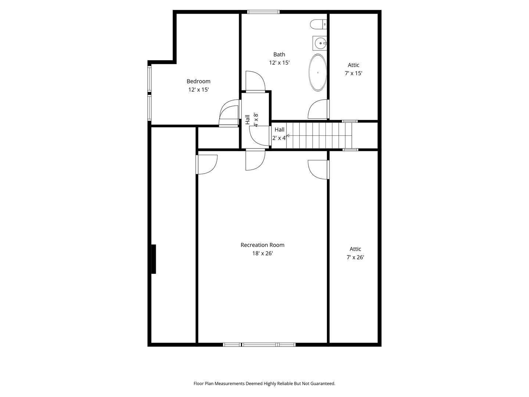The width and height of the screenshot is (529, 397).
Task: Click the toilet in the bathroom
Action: [x=318, y=25]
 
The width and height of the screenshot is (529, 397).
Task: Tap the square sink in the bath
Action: [x=320, y=43]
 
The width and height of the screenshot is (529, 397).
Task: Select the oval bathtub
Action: [x=317, y=72]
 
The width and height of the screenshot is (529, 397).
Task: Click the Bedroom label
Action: [x=198, y=81]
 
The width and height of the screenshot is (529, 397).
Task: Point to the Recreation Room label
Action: [x=262, y=245]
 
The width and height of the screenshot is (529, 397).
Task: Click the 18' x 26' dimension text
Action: [x=262, y=253]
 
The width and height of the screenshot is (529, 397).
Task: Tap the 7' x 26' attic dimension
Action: [x=355, y=257]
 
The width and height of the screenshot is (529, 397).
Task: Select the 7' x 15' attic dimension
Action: [x=353, y=73]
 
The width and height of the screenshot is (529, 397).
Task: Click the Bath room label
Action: [x=279, y=54]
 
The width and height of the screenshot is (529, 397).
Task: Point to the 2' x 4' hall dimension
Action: [x=279, y=138]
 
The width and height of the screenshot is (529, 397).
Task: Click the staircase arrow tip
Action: [x=287, y=136]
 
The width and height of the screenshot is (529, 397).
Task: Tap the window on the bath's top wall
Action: [x=263, y=12]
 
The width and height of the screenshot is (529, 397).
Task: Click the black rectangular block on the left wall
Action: [x=154, y=259]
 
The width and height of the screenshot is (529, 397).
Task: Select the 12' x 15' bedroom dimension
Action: [x=198, y=89]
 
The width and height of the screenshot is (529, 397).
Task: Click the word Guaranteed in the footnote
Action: [x=323, y=383]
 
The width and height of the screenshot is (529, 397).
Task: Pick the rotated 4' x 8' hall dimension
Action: [x=256, y=120]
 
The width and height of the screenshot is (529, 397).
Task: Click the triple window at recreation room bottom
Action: [x=259, y=344]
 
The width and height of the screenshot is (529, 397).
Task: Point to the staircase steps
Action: [x=319, y=136]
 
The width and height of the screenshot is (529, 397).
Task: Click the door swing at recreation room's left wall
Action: [x=208, y=164]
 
